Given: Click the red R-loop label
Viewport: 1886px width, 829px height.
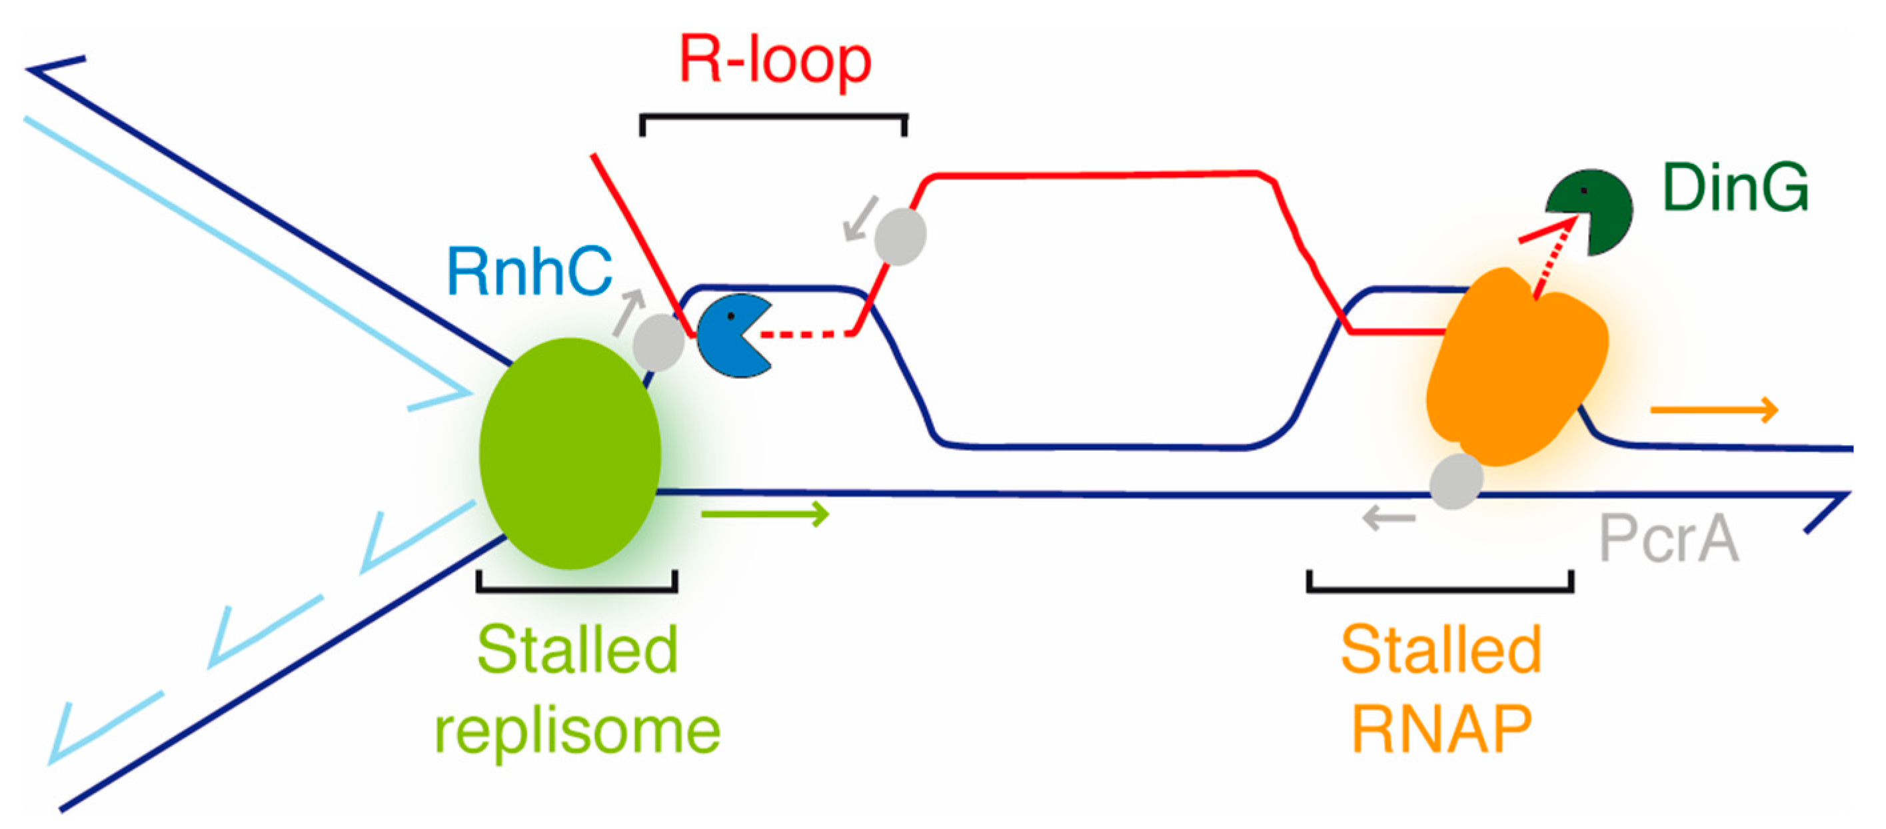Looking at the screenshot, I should click(774, 61).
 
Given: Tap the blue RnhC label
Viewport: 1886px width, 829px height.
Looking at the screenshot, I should click(528, 272).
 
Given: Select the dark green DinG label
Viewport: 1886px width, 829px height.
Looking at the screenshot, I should click(1736, 188).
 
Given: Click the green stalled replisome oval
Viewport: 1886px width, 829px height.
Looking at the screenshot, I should click(570, 453).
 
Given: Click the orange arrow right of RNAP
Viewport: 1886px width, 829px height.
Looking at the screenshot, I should click(1714, 410).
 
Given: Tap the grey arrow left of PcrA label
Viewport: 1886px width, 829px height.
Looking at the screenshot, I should click(1388, 519).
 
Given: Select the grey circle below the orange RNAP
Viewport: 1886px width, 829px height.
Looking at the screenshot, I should click(1455, 481).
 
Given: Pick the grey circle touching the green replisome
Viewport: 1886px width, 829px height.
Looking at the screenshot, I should click(658, 343).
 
